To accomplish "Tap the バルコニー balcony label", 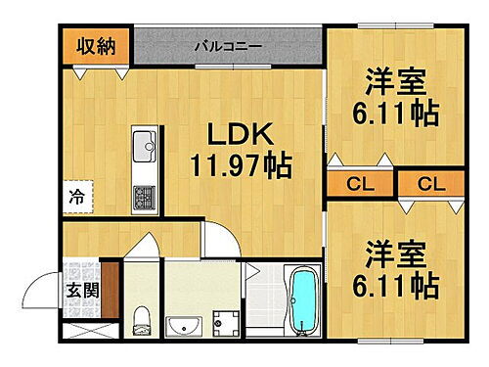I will [226, 46].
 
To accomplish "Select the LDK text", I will [238, 134].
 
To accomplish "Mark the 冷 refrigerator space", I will [76, 196].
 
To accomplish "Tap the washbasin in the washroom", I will [183, 325].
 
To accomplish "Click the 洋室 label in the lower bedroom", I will [396, 252].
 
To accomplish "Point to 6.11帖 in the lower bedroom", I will [396, 286].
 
